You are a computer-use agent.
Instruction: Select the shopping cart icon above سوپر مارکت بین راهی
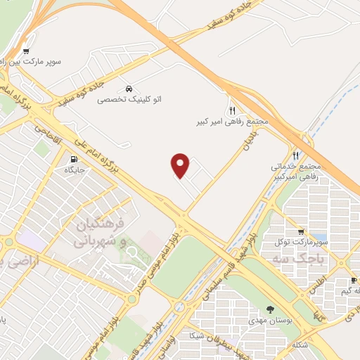(26, 51)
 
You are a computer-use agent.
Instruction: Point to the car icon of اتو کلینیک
(128, 89)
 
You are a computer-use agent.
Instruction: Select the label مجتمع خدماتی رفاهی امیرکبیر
(295, 172)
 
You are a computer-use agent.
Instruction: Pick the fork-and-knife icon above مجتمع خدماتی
(295, 155)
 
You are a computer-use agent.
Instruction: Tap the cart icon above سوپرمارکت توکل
(301, 231)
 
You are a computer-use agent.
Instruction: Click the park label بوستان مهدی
(271, 320)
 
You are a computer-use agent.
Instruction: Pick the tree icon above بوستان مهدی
(271, 309)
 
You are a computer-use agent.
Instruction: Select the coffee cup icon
(353, 281)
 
